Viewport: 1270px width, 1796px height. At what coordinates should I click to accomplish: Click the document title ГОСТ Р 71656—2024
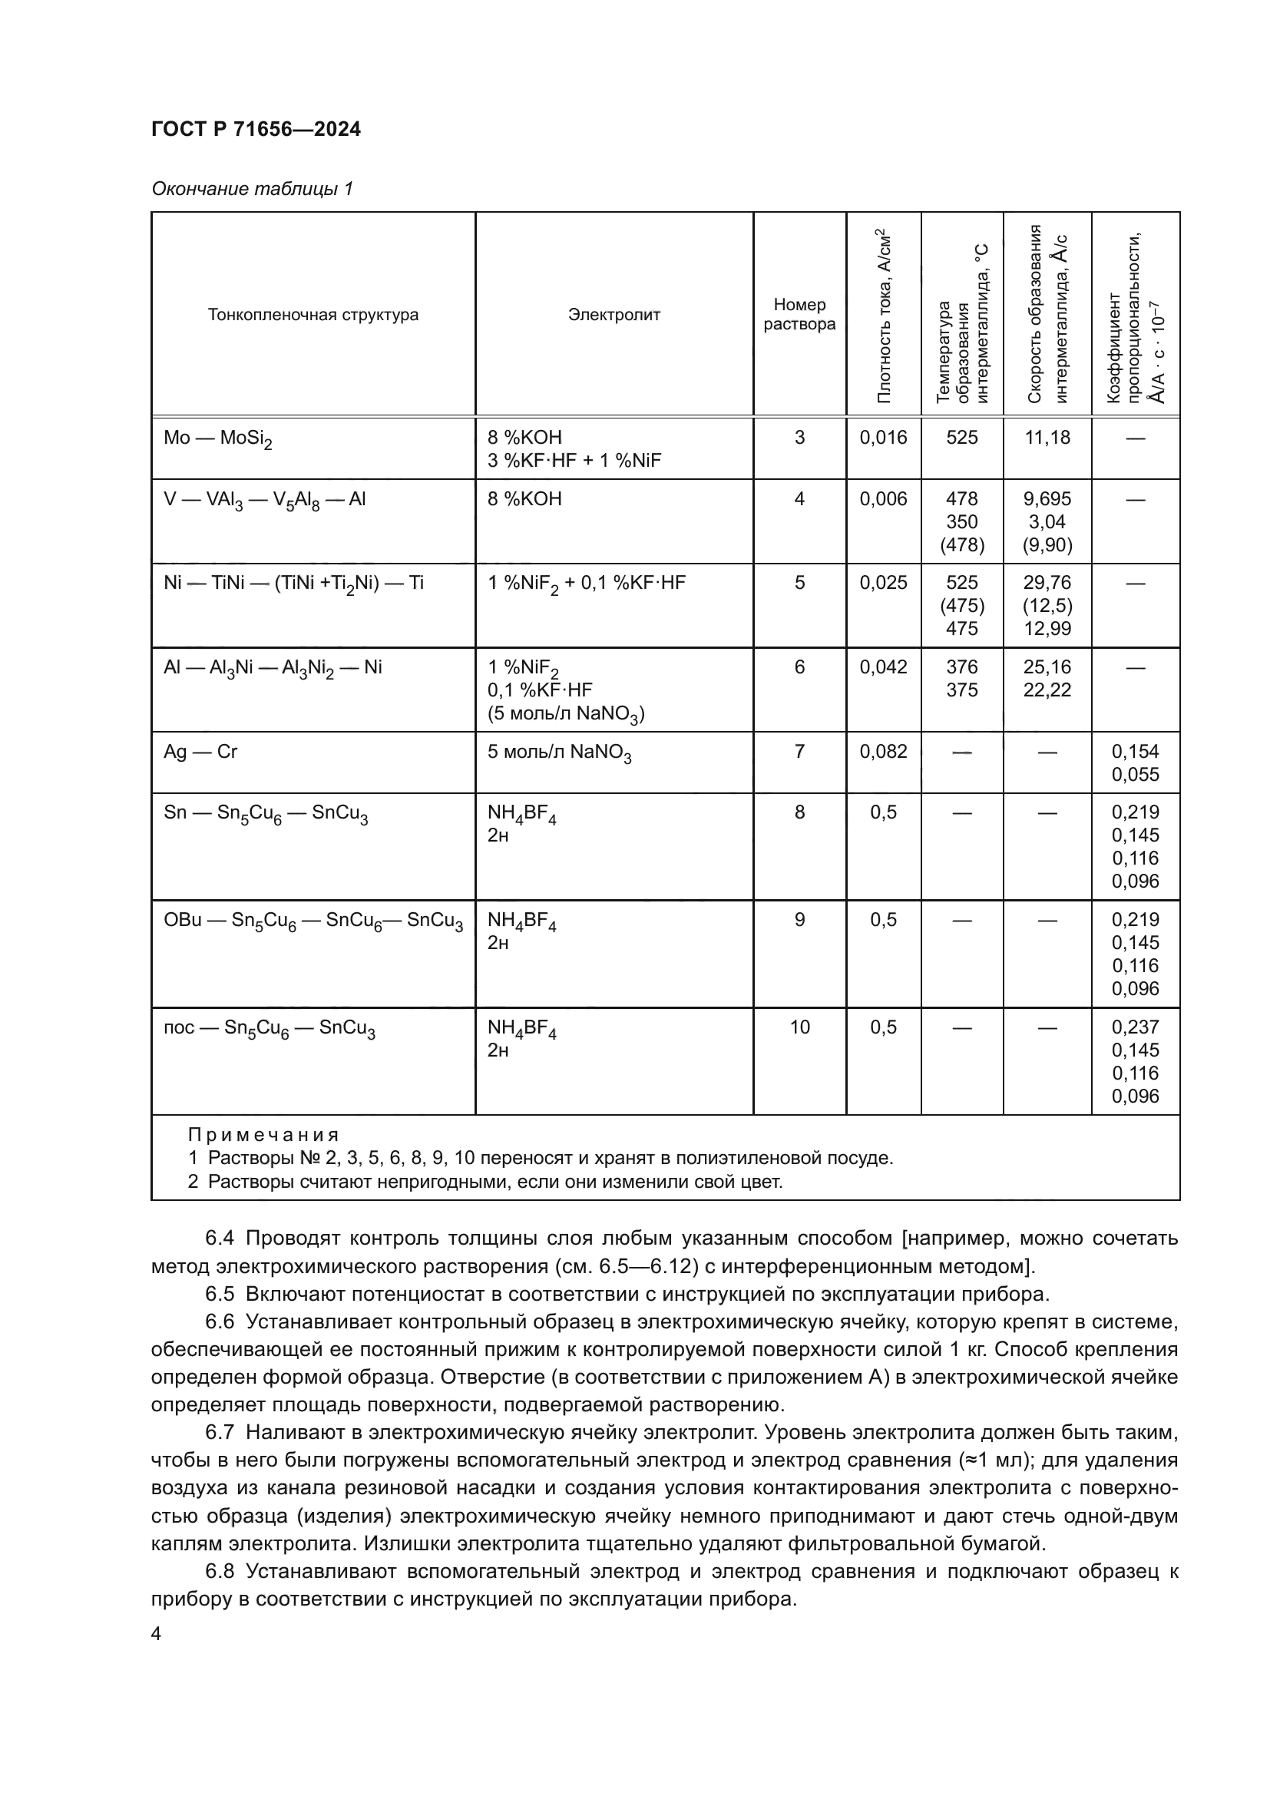click(x=256, y=129)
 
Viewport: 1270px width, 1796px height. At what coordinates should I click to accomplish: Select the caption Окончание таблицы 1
click(x=252, y=189)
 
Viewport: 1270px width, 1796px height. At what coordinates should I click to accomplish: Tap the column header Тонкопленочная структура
click(x=313, y=315)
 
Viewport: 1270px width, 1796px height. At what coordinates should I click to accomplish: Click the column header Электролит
click(x=614, y=315)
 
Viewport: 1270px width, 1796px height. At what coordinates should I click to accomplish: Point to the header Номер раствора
click(x=799, y=315)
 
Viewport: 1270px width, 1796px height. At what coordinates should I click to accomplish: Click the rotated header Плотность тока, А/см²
click(x=884, y=316)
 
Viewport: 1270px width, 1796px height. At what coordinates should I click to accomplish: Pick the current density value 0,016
click(x=883, y=437)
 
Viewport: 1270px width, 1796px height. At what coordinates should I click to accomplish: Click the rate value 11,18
click(x=1047, y=437)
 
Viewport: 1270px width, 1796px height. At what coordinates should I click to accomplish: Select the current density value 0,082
click(x=883, y=752)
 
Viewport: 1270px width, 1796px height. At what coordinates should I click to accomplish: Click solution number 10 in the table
click(x=799, y=1027)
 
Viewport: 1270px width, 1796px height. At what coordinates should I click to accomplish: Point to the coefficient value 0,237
click(x=1135, y=1027)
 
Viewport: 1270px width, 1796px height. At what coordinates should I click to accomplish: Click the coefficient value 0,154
click(x=1135, y=752)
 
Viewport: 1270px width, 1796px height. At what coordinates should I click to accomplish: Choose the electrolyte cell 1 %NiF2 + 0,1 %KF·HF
click(x=586, y=584)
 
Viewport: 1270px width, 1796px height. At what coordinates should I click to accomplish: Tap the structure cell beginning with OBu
click(x=313, y=921)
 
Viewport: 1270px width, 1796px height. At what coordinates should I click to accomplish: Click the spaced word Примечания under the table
click(x=263, y=1134)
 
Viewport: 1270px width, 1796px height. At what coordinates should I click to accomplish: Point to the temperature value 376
click(x=961, y=667)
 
